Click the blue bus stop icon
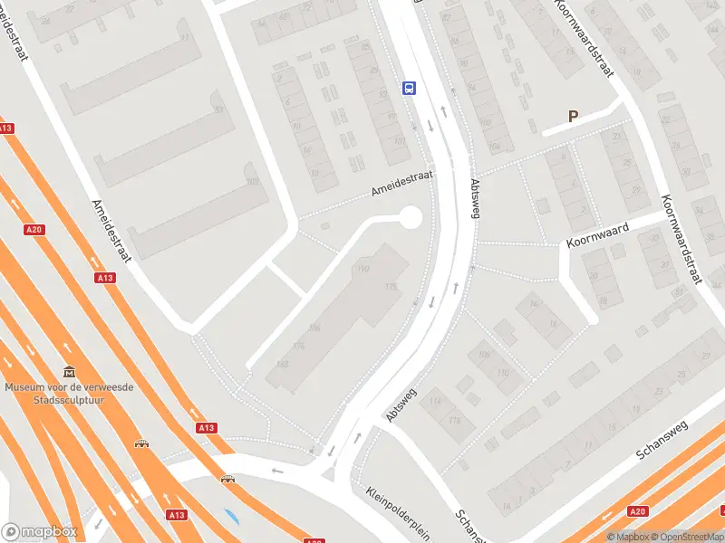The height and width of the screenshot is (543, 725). [410, 88]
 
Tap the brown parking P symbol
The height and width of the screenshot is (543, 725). [573, 116]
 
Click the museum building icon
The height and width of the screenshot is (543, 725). [69, 372]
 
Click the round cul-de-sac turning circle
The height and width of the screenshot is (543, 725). [410, 217]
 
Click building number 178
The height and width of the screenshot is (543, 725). [391, 287]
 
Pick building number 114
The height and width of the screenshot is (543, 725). [438, 402]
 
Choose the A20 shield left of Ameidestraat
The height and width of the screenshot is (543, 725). [34, 230]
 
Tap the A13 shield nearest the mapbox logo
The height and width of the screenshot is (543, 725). [176, 515]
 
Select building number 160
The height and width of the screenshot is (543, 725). [282, 364]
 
